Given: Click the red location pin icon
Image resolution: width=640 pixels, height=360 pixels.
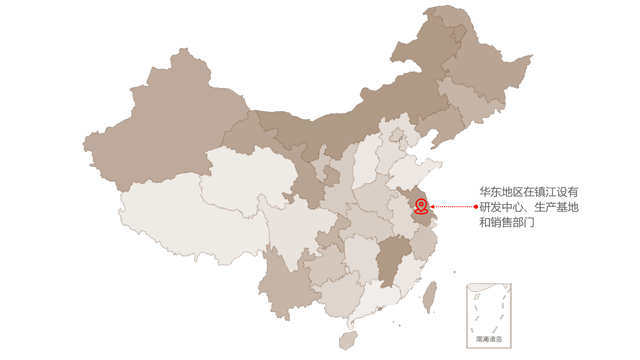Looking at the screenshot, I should tap(421, 206).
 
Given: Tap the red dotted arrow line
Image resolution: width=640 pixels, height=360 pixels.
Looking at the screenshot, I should tap(453, 207).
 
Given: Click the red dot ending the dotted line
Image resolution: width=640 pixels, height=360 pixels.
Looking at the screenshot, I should tap(476, 207).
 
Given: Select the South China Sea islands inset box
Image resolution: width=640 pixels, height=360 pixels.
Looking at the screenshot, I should tap(489, 315).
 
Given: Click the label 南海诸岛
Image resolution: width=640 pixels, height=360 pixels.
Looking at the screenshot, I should tap(489, 339).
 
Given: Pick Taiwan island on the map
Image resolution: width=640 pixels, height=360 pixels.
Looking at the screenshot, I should tap(430, 297).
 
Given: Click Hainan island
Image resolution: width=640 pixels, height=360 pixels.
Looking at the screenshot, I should tap(348, 340).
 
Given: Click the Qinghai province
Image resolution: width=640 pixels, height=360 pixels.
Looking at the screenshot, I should tap(247, 175).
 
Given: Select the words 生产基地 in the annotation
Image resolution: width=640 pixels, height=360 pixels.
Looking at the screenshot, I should tap(556, 207).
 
